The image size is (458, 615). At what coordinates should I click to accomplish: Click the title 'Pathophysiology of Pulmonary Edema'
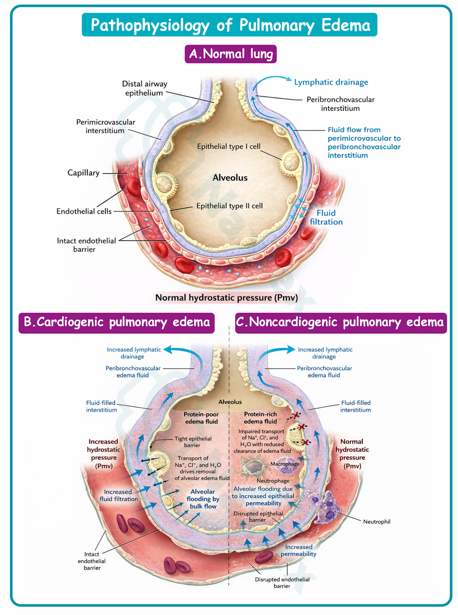click(230, 25)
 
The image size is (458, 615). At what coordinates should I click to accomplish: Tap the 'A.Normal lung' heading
click(231, 54)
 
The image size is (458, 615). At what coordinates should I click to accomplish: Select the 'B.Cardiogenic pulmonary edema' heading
click(117, 322)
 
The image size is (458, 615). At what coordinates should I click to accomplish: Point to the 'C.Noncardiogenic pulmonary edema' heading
click(340, 322)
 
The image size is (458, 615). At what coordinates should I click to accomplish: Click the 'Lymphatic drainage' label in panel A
click(331, 82)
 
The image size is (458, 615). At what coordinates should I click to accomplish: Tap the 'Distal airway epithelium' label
click(145, 88)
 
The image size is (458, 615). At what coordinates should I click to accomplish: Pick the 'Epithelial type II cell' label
click(230, 206)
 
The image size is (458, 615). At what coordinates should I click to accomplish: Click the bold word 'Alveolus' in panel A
click(230, 178)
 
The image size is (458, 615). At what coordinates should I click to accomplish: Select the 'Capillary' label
click(83, 173)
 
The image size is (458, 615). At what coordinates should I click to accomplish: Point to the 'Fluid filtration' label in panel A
click(326, 218)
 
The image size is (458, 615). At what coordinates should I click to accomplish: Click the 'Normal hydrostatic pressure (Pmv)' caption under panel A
click(227, 298)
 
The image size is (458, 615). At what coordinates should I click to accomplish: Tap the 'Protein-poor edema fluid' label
click(201, 418)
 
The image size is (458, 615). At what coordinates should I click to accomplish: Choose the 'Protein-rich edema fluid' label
click(260, 418)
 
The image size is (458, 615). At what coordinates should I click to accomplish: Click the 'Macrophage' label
click(285, 464)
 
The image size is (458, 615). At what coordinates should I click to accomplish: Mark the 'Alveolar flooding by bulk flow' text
click(203, 499)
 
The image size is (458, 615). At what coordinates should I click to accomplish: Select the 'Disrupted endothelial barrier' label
click(282, 583)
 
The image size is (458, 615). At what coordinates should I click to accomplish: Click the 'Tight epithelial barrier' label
click(193, 442)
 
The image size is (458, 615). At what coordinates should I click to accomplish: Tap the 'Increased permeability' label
click(298, 550)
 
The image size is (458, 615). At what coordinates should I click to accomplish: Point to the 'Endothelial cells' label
click(84, 211)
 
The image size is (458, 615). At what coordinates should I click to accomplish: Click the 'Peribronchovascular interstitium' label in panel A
click(340, 104)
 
